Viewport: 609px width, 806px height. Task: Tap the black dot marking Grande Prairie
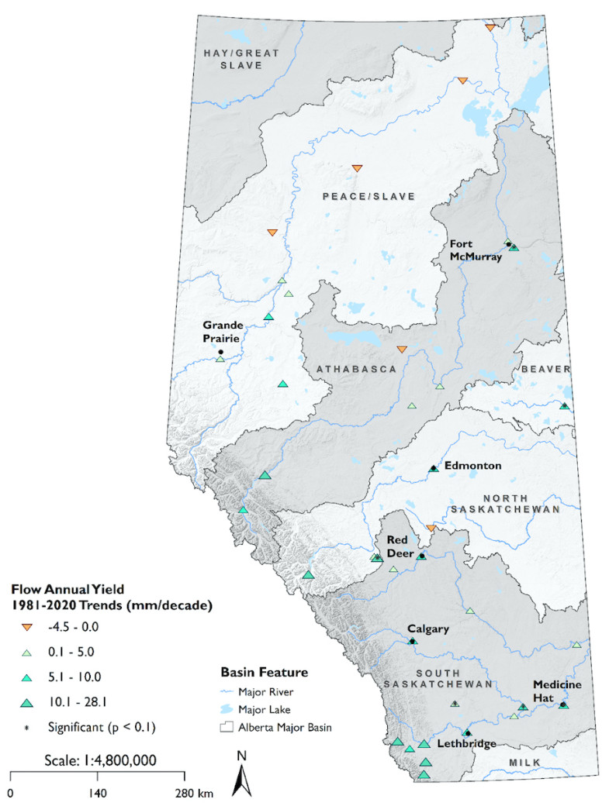[220, 352]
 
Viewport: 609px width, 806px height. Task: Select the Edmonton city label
[472, 466]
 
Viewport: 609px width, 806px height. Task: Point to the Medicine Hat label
[554, 690]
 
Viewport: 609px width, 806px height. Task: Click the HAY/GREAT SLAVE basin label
[240, 59]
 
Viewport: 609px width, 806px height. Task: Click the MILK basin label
[524, 763]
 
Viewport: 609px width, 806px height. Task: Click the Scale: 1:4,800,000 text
[96, 759]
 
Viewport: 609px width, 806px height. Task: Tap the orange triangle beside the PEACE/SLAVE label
[357, 168]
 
